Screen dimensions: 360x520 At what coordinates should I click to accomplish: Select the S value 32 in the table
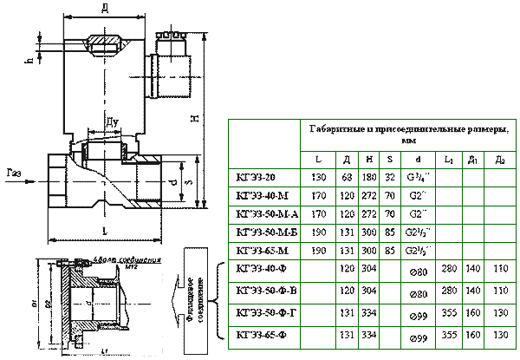point(389,176)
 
